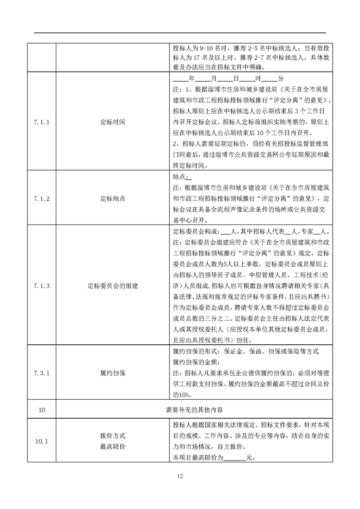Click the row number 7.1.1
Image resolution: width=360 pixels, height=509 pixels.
click(41, 122)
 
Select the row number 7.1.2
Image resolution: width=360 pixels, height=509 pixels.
click(41, 198)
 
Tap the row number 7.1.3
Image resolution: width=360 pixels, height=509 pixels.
click(41, 286)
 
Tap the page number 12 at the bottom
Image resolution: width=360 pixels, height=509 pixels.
click(180, 476)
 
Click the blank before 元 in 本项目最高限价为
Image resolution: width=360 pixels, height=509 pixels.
click(235, 457)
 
